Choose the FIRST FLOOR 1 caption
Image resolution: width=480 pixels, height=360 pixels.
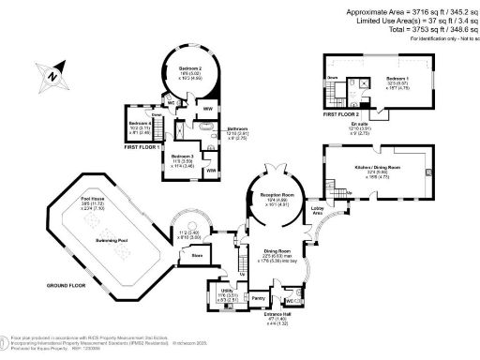[143, 147]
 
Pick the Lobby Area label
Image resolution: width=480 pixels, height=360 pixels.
[317, 211]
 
